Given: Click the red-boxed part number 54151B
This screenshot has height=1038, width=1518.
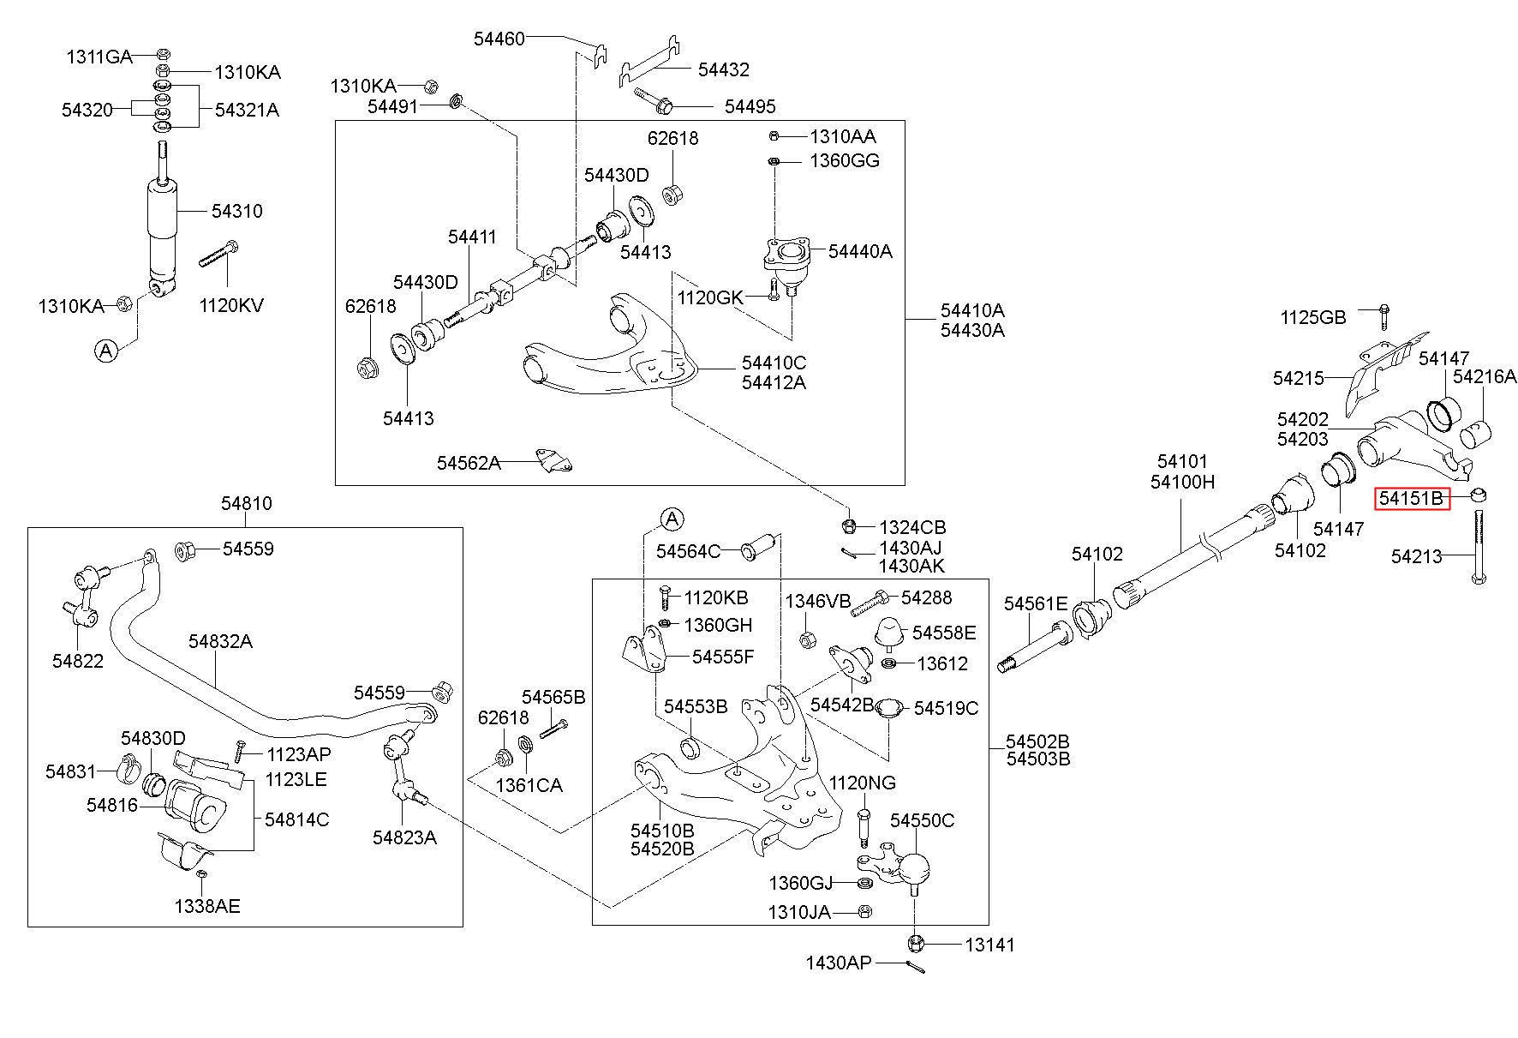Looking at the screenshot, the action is tap(1411, 498).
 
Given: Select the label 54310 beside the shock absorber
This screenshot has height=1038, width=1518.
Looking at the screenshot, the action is tap(237, 211).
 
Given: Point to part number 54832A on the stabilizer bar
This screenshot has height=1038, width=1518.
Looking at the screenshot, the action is tap(221, 641).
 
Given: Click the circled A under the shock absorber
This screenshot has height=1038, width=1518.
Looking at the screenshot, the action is tap(106, 350).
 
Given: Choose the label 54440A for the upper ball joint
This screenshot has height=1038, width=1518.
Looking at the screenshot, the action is tap(860, 251).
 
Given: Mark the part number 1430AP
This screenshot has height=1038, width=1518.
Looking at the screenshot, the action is tap(838, 963).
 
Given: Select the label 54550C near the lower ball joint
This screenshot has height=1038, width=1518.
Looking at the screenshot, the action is tap(922, 820).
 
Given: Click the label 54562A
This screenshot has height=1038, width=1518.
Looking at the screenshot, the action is tap(469, 463).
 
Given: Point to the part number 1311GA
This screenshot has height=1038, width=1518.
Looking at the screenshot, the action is tap(99, 57).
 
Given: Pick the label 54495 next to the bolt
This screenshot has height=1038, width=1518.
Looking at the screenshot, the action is tap(750, 106).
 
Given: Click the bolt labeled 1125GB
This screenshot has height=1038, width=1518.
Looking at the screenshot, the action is tap(1384, 317).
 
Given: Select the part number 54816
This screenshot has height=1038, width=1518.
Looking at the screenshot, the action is tap(112, 805).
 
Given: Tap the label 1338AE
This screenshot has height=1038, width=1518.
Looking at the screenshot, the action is tap(207, 906).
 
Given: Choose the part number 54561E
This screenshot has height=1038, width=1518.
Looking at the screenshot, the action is tap(1037, 604).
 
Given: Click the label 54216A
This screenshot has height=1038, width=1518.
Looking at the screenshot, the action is tap(1485, 376).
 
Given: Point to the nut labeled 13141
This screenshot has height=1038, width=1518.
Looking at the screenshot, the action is tap(914, 944).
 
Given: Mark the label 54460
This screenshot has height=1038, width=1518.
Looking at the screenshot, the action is tap(499, 39).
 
